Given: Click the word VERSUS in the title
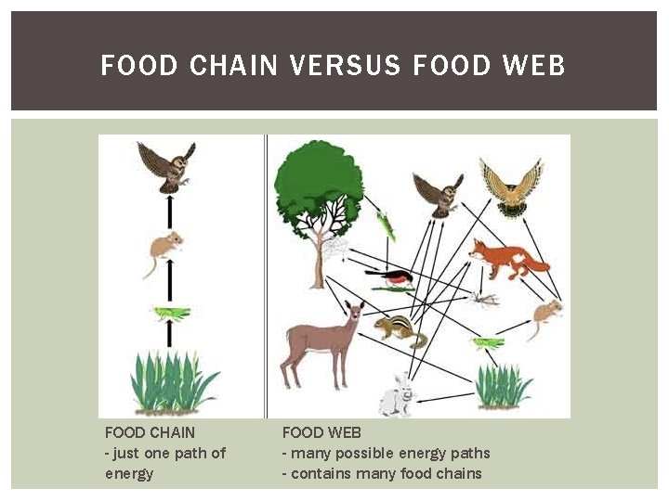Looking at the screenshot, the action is tap(345, 66).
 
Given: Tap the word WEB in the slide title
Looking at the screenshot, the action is tap(532, 66).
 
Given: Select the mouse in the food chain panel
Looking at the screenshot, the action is tap(165, 250).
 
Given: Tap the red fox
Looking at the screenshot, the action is tap(506, 257).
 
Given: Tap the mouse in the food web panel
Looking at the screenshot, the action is tap(546, 315).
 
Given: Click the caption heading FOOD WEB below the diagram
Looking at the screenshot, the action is tap(321, 432).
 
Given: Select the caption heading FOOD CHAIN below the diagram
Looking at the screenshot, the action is tap(150, 432).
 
